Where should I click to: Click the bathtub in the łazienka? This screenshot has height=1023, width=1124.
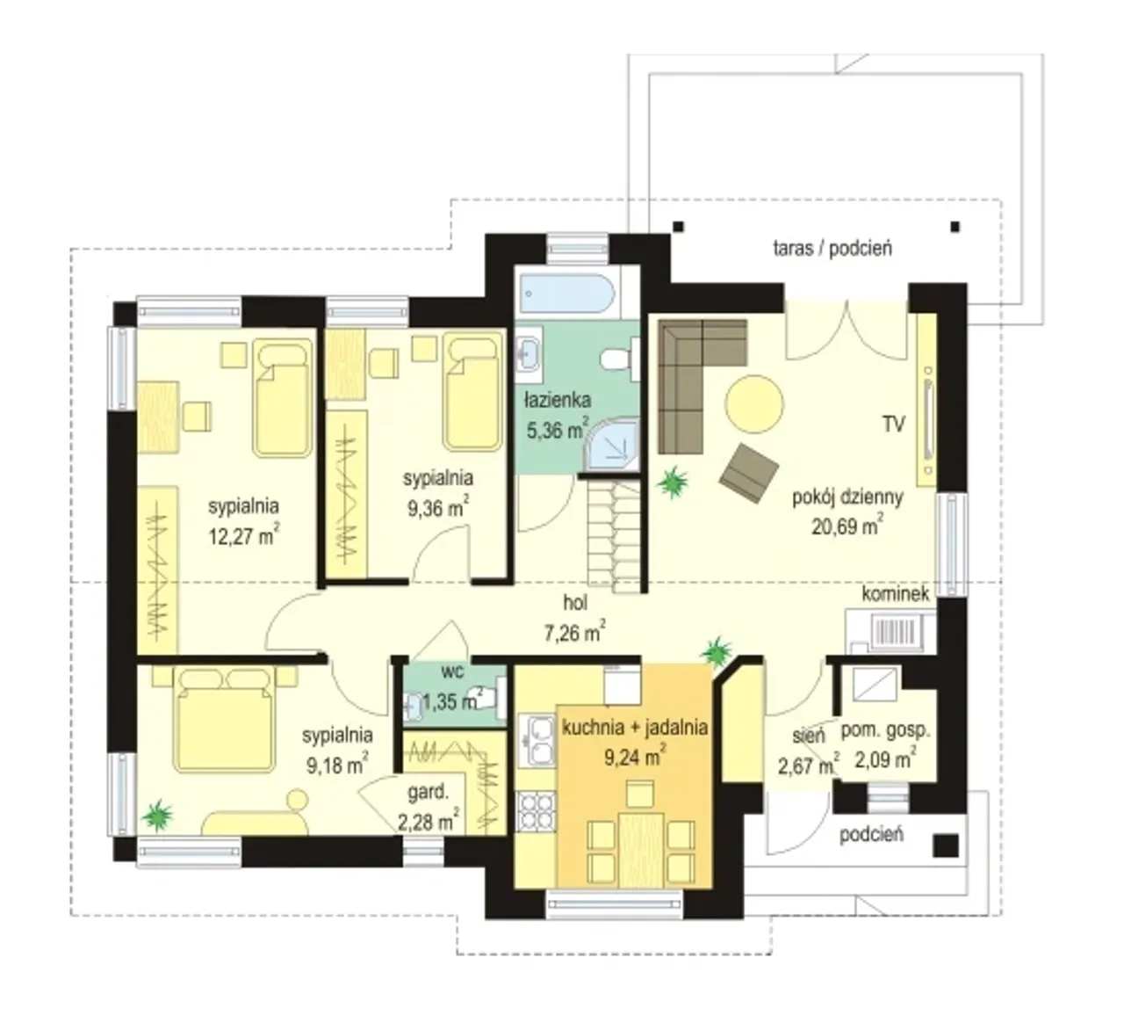(x=566, y=293)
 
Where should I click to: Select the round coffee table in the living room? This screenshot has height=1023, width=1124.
(x=753, y=403)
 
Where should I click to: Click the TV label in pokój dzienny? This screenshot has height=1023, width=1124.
(x=894, y=424)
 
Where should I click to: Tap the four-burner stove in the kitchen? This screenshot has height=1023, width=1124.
(x=536, y=811)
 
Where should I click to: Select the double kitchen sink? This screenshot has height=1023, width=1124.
(x=536, y=740)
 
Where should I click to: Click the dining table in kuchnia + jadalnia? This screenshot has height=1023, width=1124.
(x=641, y=850)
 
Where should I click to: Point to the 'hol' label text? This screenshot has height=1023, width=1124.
(x=575, y=603)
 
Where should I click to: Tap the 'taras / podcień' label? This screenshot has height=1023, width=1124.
(x=832, y=248)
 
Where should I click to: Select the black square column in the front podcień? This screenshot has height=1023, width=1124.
(x=946, y=845)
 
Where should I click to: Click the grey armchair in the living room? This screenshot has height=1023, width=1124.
(x=749, y=472)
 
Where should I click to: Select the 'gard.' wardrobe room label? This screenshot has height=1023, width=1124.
(x=428, y=793)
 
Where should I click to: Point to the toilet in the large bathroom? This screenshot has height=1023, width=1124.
(x=618, y=358)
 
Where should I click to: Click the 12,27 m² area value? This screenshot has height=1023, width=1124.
(x=244, y=535)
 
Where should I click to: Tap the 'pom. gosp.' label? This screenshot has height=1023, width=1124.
(x=885, y=730)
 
